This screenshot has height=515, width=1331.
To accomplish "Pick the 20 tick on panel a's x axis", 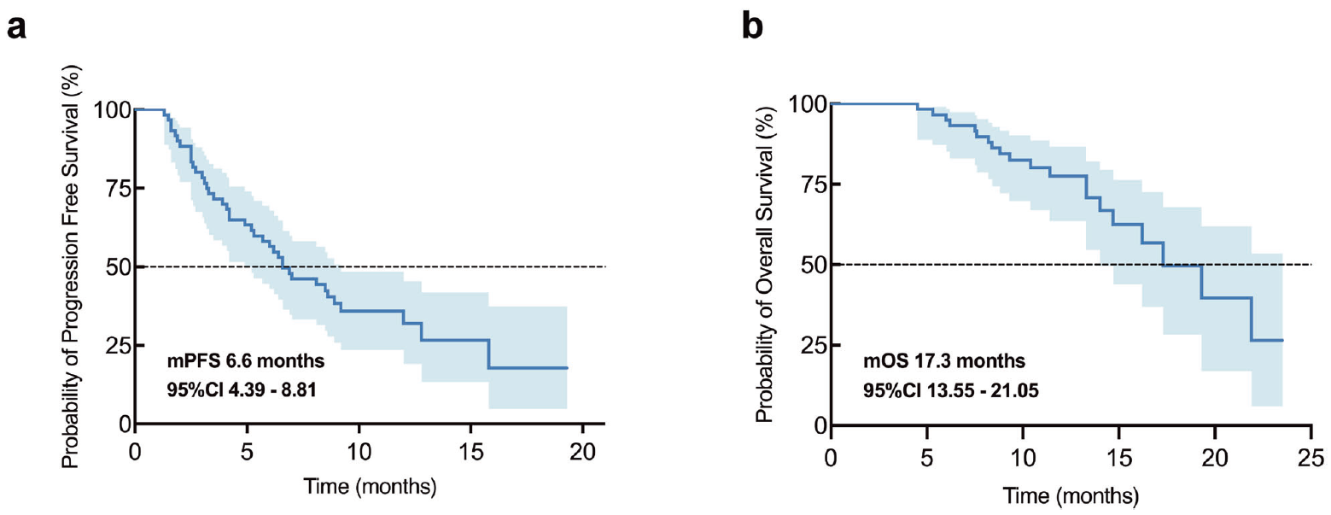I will pyautogui.click(x=583, y=450).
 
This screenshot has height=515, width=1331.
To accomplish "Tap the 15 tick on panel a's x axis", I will pyautogui.click(x=471, y=450).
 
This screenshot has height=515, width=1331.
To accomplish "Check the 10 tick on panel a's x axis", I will pyautogui.click(x=359, y=450).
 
